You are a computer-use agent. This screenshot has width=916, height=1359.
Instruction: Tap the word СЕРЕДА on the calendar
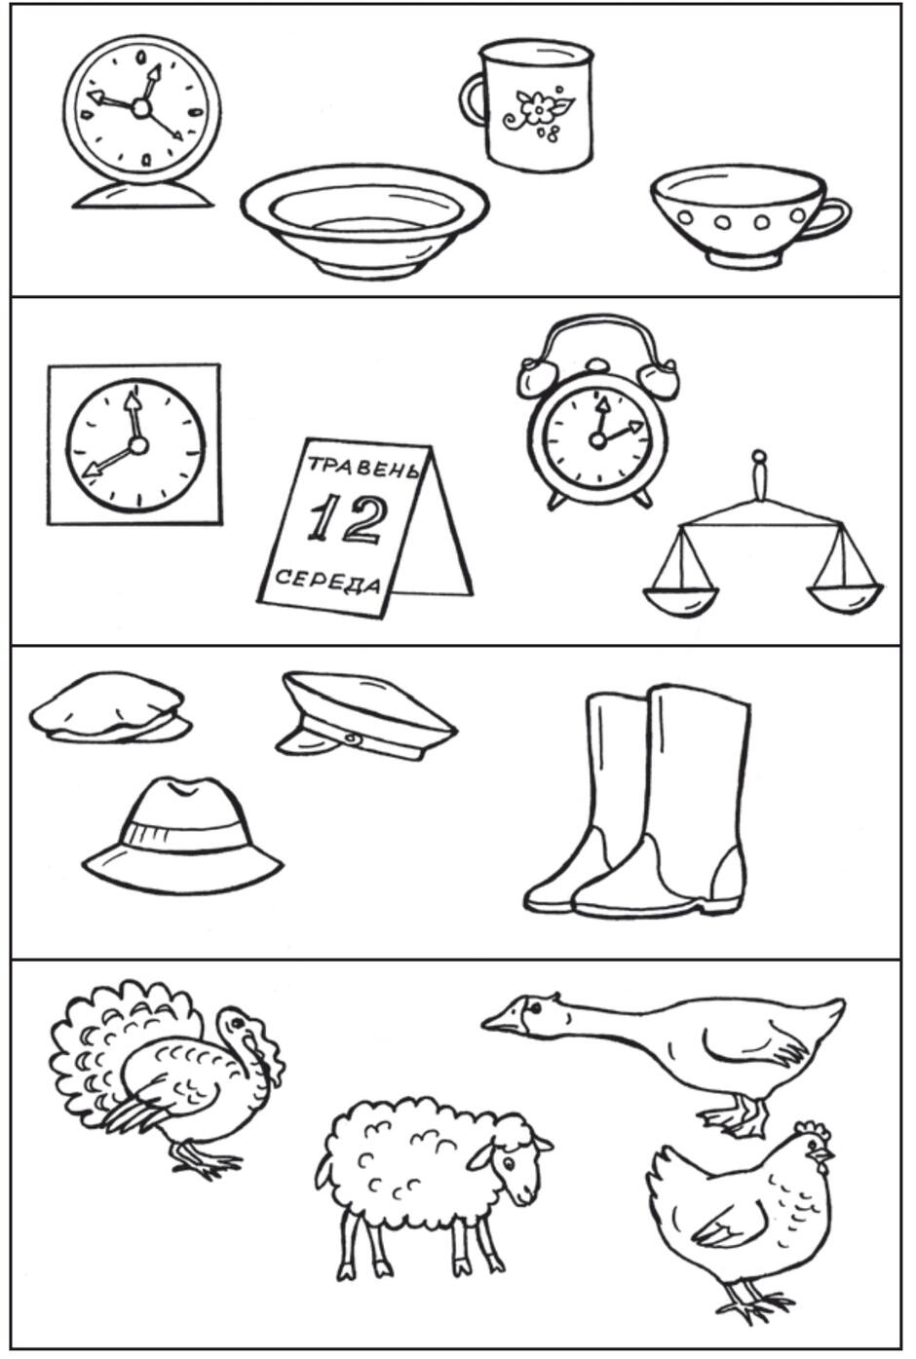(327, 579)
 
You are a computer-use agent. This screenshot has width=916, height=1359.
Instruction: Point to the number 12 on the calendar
(346, 519)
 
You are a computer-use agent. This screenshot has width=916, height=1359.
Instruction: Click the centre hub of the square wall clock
(138, 445)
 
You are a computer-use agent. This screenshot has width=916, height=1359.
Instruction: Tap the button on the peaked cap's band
(349, 737)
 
